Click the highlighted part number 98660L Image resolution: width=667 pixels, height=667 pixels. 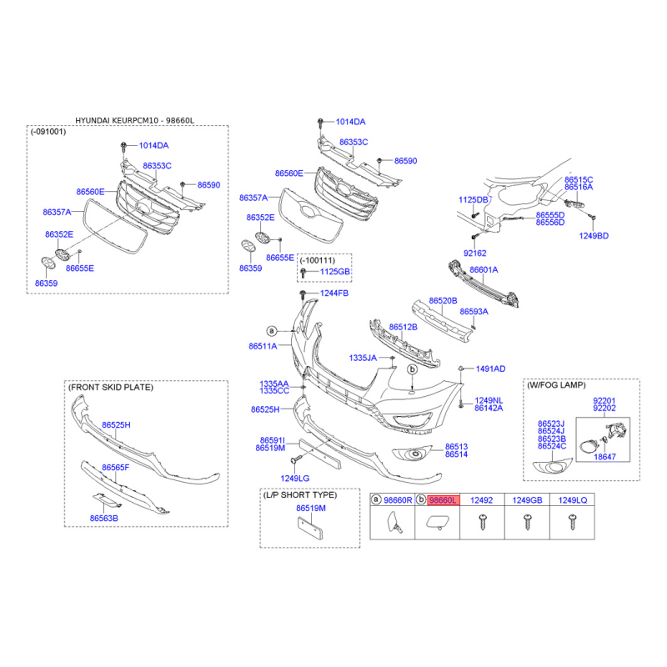(443, 500)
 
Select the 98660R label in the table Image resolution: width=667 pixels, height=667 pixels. (398, 500)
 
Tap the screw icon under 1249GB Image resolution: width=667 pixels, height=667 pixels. (528, 522)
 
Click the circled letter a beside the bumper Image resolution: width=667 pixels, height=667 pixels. (272, 331)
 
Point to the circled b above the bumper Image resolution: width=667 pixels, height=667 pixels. (412, 369)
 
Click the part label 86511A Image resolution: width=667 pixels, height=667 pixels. (263, 346)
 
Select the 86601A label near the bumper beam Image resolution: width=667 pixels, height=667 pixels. (484, 269)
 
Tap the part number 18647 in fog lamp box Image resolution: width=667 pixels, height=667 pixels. (604, 457)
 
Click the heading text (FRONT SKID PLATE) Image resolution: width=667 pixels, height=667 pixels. (111, 387)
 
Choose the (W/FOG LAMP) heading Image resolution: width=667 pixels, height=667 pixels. (556, 385)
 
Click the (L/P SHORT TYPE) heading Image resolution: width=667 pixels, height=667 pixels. (300, 495)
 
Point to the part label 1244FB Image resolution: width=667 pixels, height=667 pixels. (334, 293)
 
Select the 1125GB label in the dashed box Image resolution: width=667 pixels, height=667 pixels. (335, 272)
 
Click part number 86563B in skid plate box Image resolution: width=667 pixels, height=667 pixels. (103, 518)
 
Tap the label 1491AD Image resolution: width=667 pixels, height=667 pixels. (490, 369)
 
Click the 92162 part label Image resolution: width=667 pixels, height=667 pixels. (474, 253)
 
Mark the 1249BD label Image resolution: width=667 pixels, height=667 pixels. (594, 236)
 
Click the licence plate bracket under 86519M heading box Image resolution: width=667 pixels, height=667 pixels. (310, 529)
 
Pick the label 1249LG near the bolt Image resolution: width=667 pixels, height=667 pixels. (295, 479)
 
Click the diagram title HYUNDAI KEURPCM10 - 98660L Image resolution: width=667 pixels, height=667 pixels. (134, 120)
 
